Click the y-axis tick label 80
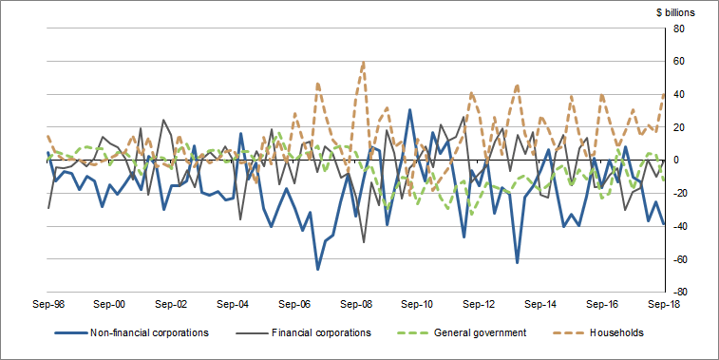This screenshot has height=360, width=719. (x=679, y=28)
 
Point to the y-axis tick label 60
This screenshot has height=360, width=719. (x=679, y=62)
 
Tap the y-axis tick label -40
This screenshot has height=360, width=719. (x=681, y=226)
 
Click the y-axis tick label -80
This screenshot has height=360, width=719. (x=681, y=292)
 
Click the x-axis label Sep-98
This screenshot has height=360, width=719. (x=47, y=305)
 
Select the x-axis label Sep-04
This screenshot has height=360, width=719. (x=233, y=305)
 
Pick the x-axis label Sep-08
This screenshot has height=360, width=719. (x=356, y=305)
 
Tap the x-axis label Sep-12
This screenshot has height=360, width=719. (x=480, y=305)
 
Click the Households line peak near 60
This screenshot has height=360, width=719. (x=364, y=63)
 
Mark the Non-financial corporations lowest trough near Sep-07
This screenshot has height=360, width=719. (x=317, y=269)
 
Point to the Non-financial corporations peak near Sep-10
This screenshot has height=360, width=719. (x=409, y=110)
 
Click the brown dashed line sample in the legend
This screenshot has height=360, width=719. (x=568, y=333)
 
